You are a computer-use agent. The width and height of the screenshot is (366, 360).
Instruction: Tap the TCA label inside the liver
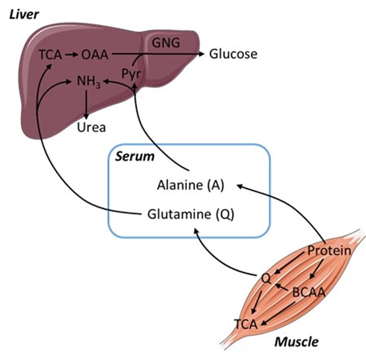[x=50, y=54]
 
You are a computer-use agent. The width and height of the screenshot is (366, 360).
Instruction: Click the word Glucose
[x=233, y=54]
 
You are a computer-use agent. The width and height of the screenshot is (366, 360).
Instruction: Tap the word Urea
[x=91, y=127]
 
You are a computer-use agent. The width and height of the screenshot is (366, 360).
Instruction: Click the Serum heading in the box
[x=131, y=156]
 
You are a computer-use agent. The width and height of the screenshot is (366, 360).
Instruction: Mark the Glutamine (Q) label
[x=190, y=214]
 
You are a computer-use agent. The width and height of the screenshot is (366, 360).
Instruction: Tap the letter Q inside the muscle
[x=265, y=278]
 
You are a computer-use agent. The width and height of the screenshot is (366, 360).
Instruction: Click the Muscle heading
[x=297, y=342]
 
